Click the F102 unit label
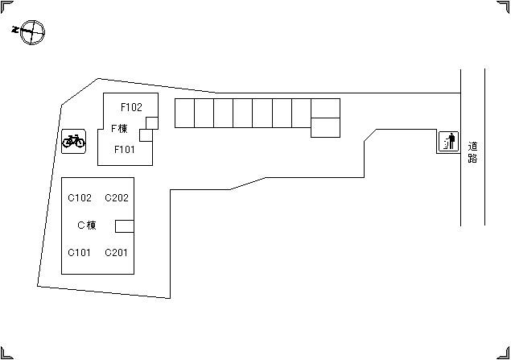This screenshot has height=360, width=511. pyautogui.click(x=131, y=106)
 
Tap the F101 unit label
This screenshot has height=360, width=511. pyautogui.click(x=124, y=149)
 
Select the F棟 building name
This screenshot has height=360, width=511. pyautogui.click(x=119, y=128)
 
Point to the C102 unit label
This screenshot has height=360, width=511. pyautogui.click(x=80, y=198)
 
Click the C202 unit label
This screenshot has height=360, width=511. pyautogui.click(x=117, y=198)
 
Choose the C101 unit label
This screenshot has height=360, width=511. pyautogui.click(x=80, y=252)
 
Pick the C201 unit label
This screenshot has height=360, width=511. pyautogui.click(x=117, y=252)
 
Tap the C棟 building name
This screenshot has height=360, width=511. pyautogui.click(x=86, y=226)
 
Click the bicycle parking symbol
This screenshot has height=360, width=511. pyautogui.click(x=73, y=142)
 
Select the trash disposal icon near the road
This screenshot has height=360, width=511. pyautogui.click(x=448, y=143)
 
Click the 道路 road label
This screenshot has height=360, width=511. pyautogui.click(x=472, y=152)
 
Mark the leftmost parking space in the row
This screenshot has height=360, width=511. pyautogui.click(x=184, y=113)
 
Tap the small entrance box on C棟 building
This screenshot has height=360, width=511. pyautogui.click(x=125, y=226)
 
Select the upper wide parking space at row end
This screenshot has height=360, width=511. pyautogui.click(x=325, y=108)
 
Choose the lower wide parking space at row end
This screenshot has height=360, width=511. pyautogui.click(x=325, y=127)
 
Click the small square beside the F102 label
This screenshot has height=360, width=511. pyautogui.click(x=151, y=122)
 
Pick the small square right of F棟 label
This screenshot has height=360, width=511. pyautogui.click(x=146, y=135)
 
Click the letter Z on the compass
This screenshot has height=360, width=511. pyautogui.click(x=16, y=30)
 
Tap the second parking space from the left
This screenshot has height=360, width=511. pyautogui.click(x=204, y=113)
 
